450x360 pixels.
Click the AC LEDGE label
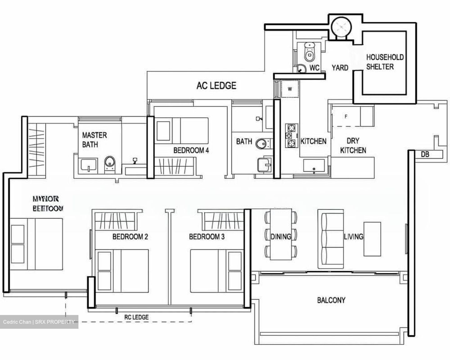coord(216,85)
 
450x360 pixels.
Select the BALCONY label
coord(331,300)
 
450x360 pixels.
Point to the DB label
coord(425,154)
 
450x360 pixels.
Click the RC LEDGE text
coord(137,317)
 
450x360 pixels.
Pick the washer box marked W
coord(290,89)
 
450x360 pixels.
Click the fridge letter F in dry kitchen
coord(346,117)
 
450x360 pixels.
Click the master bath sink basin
coord(89,165)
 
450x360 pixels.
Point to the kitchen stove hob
coord(291,136)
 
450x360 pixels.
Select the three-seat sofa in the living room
coord(327,239)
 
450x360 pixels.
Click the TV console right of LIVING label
coord(372,239)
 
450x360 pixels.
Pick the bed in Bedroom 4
coord(182,131)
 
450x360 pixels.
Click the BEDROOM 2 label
coord(130,237)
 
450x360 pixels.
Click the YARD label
coord(340,67)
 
